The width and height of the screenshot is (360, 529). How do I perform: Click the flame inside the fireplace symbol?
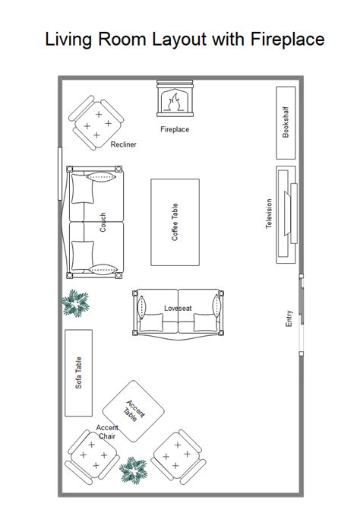pyautogui.click(x=174, y=102)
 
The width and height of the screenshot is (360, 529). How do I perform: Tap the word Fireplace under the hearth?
pyautogui.click(x=175, y=129)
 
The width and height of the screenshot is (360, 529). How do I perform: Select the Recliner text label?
pyautogui.click(x=123, y=144)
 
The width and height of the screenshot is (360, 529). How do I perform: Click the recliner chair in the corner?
pyautogui.click(x=96, y=123)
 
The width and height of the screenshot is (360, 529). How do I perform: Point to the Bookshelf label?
pyautogui.click(x=286, y=122)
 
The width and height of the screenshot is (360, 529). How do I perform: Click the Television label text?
pyautogui.click(x=269, y=214)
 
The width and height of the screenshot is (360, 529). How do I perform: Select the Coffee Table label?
pyautogui.click(x=175, y=222)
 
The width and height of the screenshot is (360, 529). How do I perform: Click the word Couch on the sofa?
pyautogui.click(x=103, y=222)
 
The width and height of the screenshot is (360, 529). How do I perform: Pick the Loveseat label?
pyautogui.click(x=178, y=308)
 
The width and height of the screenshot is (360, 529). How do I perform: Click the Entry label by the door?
pyautogui.click(x=289, y=318)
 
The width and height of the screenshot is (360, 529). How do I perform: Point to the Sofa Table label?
pyautogui.click(x=78, y=372)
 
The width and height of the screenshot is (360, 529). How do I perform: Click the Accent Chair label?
pyautogui.click(x=107, y=432)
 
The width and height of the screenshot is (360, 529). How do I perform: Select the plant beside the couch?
pyautogui.click(x=75, y=303)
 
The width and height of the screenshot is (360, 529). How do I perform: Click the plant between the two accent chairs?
pyautogui.click(x=134, y=470)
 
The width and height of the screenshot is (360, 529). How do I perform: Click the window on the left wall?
pyautogui.click(x=60, y=174)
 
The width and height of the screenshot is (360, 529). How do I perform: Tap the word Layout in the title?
pyautogui.click(x=178, y=39)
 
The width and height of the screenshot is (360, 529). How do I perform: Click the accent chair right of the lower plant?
pyautogui.click(x=178, y=457)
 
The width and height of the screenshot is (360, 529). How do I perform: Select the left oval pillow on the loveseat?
pyautogui.click(x=141, y=307)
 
